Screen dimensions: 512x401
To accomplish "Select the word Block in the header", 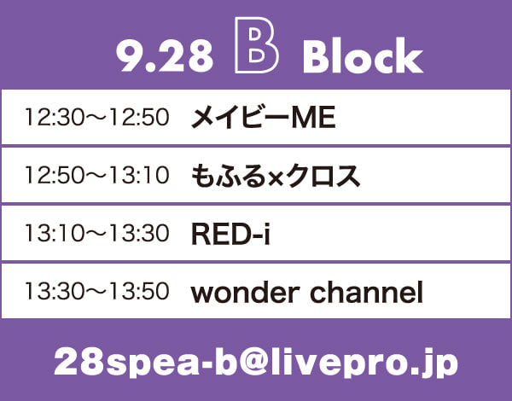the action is click(364, 55).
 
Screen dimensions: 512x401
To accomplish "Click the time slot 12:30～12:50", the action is click(97, 117).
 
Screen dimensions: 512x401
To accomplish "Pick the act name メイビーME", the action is click(263, 117).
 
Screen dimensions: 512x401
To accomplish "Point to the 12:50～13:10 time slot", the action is click(97, 175).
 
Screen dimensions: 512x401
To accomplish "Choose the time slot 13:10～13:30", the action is click(97, 233).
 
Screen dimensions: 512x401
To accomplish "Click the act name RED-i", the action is click(231, 234).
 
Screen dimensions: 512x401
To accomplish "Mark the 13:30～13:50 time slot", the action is click(97, 291).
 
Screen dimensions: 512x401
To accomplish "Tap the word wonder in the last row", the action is click(245, 293).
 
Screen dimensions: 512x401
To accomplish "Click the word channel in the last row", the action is click(366, 292).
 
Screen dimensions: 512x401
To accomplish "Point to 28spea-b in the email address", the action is click(146, 363).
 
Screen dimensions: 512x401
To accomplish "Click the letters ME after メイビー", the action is click(313, 118).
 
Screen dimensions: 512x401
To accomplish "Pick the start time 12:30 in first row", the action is click(55, 117).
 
